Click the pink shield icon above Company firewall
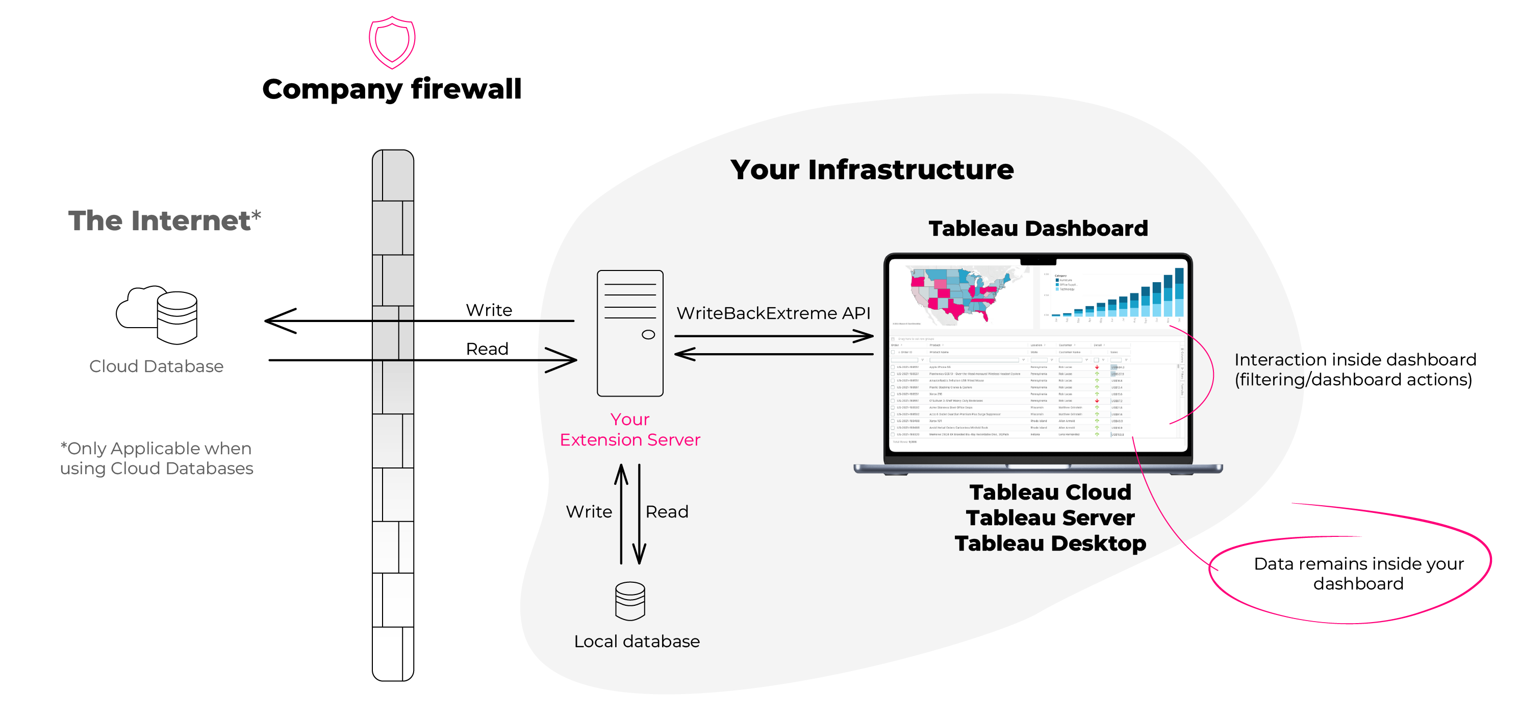pyautogui.click(x=392, y=42)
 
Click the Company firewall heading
pyautogui.click(x=392, y=89)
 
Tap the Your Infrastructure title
pyautogui.click(x=872, y=170)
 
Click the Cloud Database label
pyautogui.click(x=157, y=366)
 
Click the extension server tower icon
pyautogui.click(x=629, y=333)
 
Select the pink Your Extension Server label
pyautogui.click(x=629, y=430)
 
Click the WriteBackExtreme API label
pyautogui.click(x=773, y=313)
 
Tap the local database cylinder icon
pyautogui.click(x=629, y=601)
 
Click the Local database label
pyautogui.click(x=637, y=641)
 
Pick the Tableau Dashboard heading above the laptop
pyautogui.click(x=1038, y=229)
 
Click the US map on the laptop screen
pyautogui.click(x=959, y=295)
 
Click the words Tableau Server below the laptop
pyautogui.click(x=1050, y=517)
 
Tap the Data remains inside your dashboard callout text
pyautogui.click(x=1358, y=574)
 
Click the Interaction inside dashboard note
pyautogui.click(x=1355, y=369)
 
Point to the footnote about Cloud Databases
pyautogui.click(x=157, y=458)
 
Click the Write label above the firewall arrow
pyautogui.click(x=489, y=310)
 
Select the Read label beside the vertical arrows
pyautogui.click(x=667, y=512)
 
